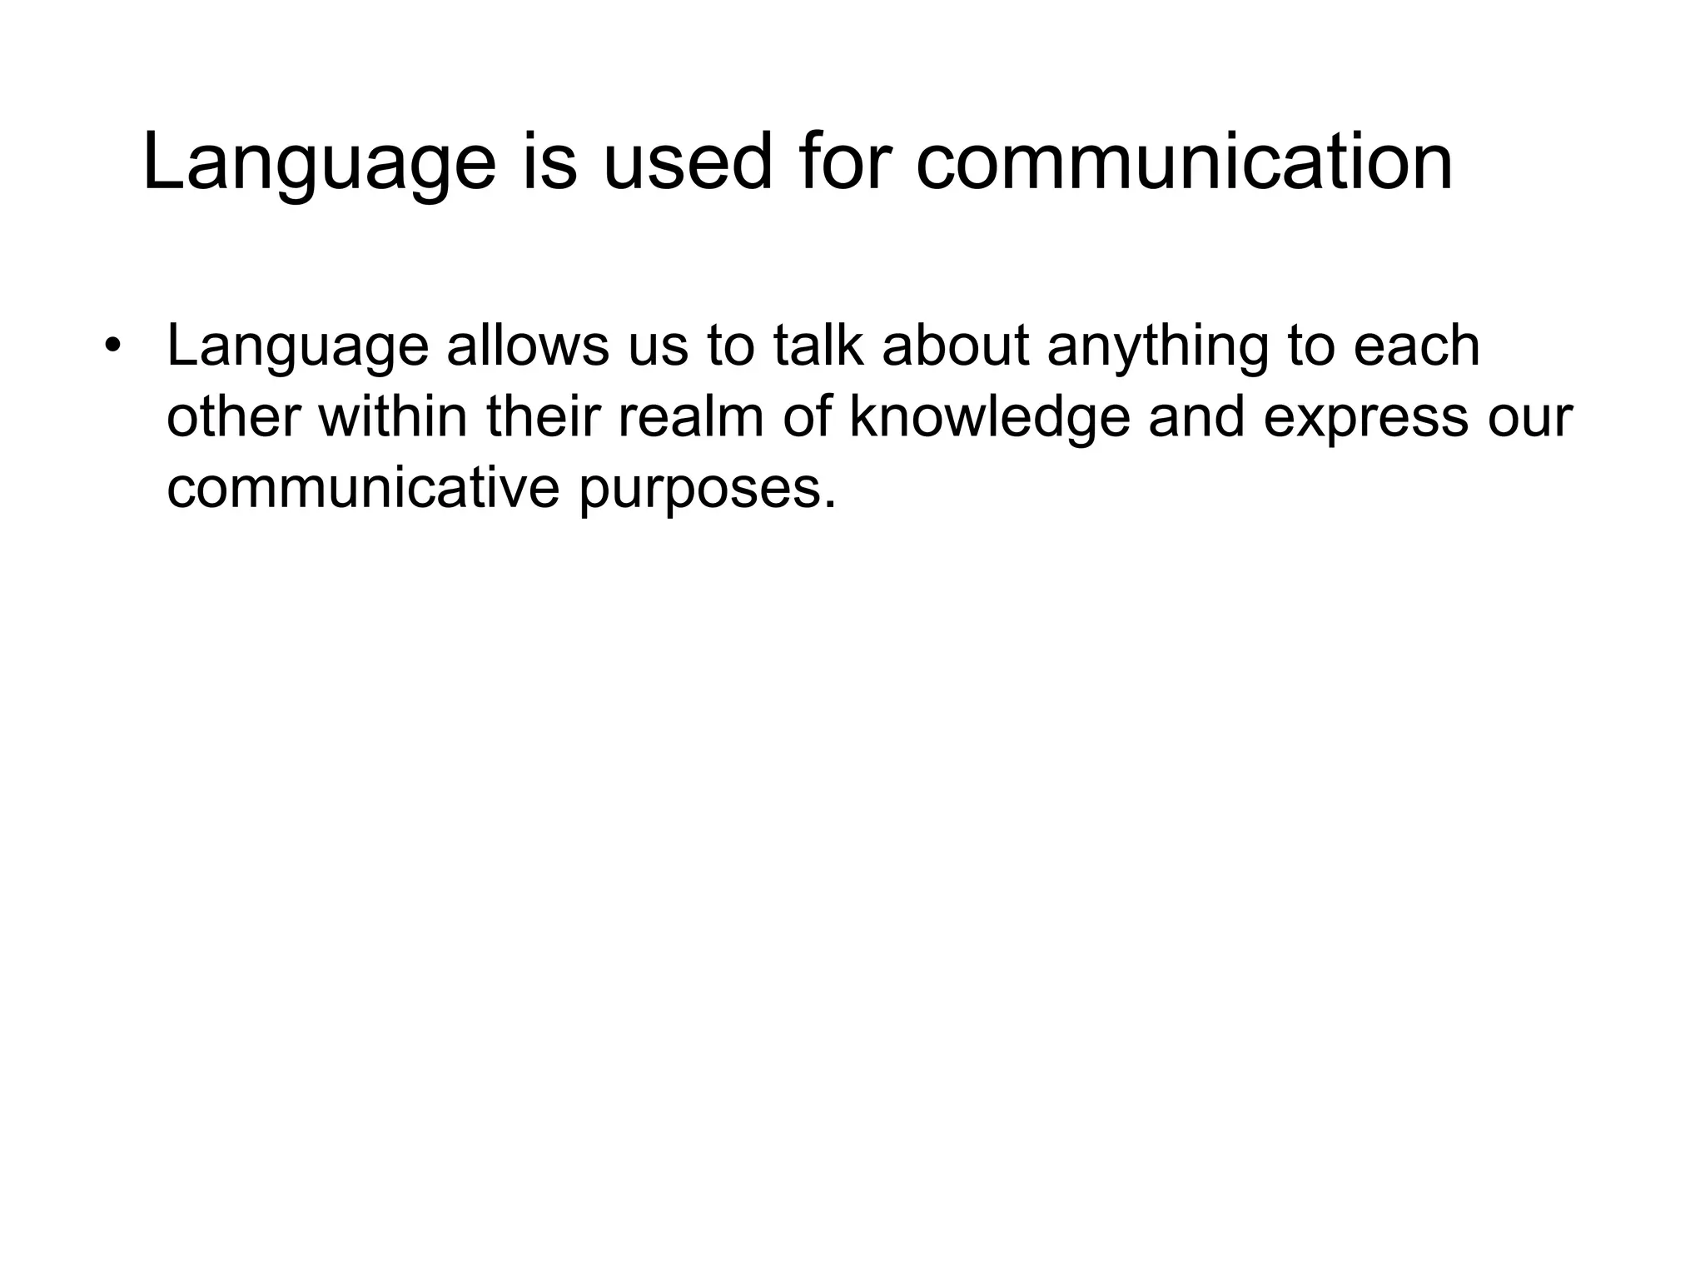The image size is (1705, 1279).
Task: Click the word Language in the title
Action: (319, 164)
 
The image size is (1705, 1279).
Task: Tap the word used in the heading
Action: (687, 162)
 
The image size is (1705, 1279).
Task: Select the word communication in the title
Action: (1184, 162)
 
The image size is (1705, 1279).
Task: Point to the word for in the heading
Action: (844, 162)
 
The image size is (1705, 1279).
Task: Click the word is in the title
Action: (549, 162)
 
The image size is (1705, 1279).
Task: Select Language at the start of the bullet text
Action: (297, 347)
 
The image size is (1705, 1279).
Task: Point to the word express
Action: (1365, 420)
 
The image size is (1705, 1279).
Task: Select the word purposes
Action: (707, 490)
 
